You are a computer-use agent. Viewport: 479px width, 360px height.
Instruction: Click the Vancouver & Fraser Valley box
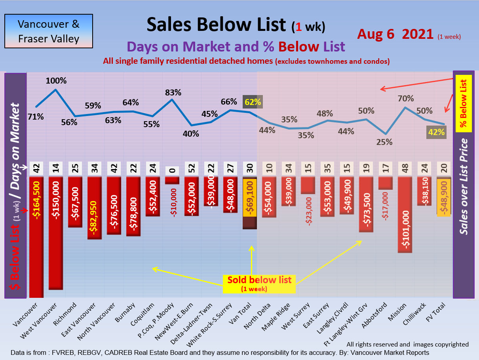(x=48, y=31)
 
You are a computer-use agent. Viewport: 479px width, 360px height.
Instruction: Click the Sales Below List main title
(x=216, y=25)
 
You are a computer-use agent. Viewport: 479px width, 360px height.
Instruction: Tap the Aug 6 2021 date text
(x=395, y=34)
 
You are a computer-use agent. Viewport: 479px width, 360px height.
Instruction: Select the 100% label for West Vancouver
(x=56, y=81)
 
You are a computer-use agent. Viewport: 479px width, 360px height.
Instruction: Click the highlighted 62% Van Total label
(x=253, y=102)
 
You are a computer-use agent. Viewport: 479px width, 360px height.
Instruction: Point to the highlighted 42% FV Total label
(x=436, y=132)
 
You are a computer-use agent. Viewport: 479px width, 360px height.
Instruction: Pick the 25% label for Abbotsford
(x=384, y=142)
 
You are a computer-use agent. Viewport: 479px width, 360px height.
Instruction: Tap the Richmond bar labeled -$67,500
(x=75, y=202)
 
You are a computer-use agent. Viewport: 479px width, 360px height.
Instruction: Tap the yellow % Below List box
(x=464, y=103)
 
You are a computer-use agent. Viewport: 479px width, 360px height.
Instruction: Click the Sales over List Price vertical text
(x=464, y=186)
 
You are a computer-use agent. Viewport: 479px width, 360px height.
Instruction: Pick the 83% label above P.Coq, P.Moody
(x=173, y=93)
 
